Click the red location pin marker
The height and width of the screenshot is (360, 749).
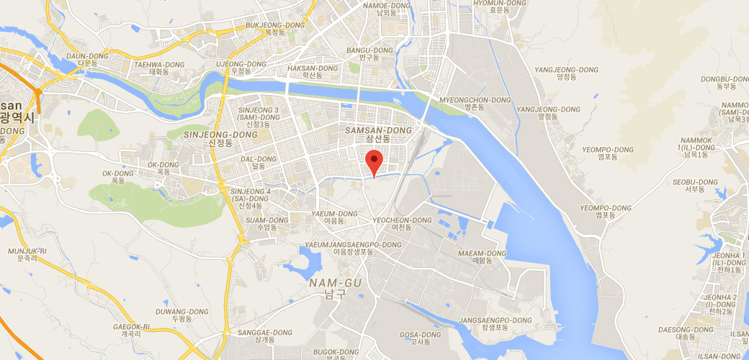373,161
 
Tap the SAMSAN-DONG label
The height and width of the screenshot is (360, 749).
378,134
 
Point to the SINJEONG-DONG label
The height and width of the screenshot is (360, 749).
210,138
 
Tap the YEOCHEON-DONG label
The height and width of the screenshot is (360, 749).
402,224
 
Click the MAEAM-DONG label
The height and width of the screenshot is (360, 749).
483,257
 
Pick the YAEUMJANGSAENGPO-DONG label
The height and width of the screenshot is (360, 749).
353,248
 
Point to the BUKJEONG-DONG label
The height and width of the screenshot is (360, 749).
275,28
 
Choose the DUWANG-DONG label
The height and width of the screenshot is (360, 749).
181,315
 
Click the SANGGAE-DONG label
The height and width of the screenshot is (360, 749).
266,336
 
